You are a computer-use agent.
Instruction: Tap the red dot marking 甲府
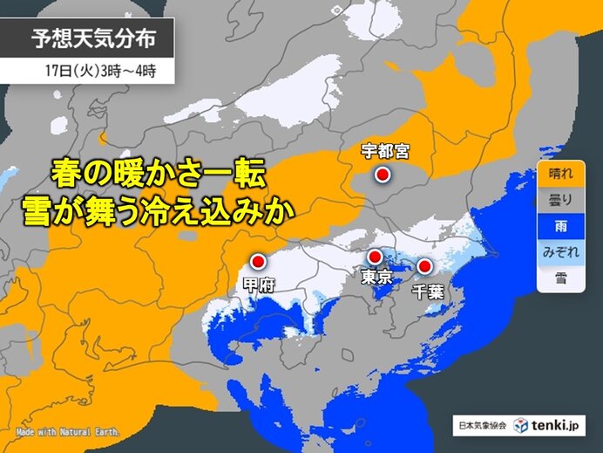click(x=258, y=260)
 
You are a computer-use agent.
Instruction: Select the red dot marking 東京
click(x=374, y=257)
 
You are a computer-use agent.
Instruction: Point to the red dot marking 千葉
click(x=425, y=266)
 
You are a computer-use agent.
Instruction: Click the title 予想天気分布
click(x=95, y=39)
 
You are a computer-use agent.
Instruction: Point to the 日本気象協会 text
click(x=482, y=425)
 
